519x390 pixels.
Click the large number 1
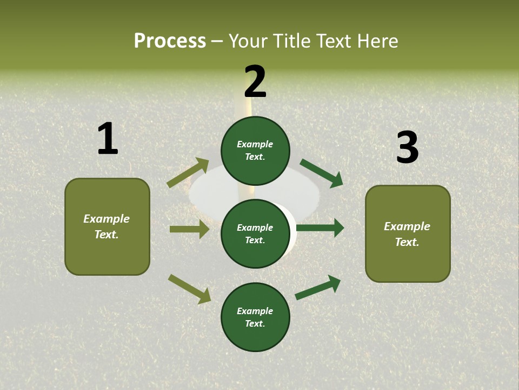[x=108, y=139]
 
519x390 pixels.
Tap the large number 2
[x=255, y=81]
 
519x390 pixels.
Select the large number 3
[x=407, y=147]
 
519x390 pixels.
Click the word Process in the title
[x=170, y=41]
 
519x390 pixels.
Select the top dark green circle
[x=255, y=151]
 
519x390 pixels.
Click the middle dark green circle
[x=255, y=233]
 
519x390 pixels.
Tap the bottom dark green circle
[x=255, y=317]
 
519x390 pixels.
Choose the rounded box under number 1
[x=107, y=226]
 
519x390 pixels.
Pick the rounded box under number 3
[x=408, y=233]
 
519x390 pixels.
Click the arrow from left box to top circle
[x=188, y=173]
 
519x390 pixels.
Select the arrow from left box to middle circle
[x=189, y=229]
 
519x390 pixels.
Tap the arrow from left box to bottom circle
[x=189, y=289]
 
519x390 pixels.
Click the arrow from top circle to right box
[x=322, y=173]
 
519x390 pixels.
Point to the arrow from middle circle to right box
[x=320, y=227]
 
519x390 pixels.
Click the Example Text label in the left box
[x=107, y=226]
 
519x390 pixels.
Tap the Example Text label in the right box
[x=407, y=234]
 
